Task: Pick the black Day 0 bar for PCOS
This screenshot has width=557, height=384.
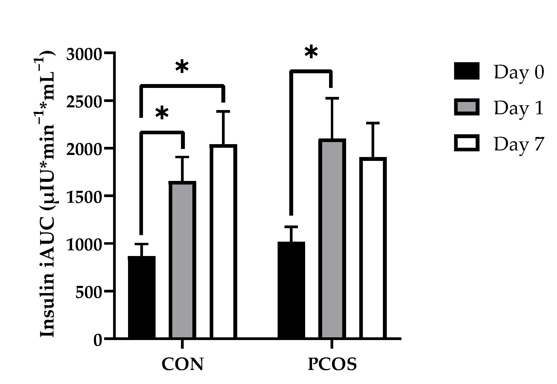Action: [x=291, y=290]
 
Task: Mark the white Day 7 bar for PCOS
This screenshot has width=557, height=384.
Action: [x=373, y=248]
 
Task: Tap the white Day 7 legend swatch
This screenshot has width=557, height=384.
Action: [x=467, y=143]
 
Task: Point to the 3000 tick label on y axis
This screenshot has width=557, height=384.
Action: [x=84, y=54]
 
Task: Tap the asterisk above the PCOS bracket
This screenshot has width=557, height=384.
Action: [x=311, y=52]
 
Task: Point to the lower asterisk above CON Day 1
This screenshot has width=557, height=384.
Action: [x=162, y=113]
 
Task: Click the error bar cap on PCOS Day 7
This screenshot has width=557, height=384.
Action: [x=373, y=123]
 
